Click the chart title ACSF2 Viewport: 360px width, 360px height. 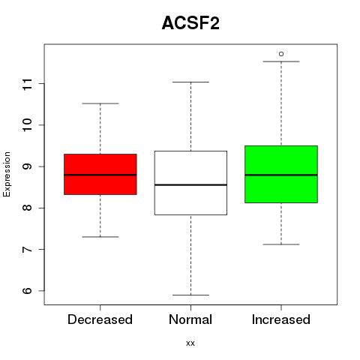tap(190, 23)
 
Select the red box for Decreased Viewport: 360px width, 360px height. tap(100, 174)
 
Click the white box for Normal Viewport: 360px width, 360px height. tap(190, 183)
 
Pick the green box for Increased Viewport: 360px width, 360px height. tap(281, 174)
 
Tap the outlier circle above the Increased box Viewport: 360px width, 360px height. tap(281, 54)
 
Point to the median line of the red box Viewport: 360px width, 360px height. tap(100, 175)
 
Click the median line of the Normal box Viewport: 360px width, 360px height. tap(190, 185)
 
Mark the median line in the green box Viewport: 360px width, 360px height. tap(281, 175)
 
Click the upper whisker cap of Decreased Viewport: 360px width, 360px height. tap(100, 103)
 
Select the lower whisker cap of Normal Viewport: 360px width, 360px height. tap(190, 295)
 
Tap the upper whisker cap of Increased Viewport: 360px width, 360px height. tap(281, 61)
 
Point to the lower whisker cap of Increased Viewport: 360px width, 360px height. tap(281, 244)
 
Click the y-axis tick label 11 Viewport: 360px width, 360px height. tap(28, 84)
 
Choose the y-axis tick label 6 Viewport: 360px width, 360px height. tap(28, 291)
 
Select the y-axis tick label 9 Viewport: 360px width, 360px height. tap(28, 166)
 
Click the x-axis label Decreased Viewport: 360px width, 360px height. tap(100, 319)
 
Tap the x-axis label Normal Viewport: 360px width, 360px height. tap(190, 319)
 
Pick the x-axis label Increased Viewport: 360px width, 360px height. tap(281, 319)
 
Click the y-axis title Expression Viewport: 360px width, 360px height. tap(7, 174)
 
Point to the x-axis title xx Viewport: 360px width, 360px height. tap(190, 343)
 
